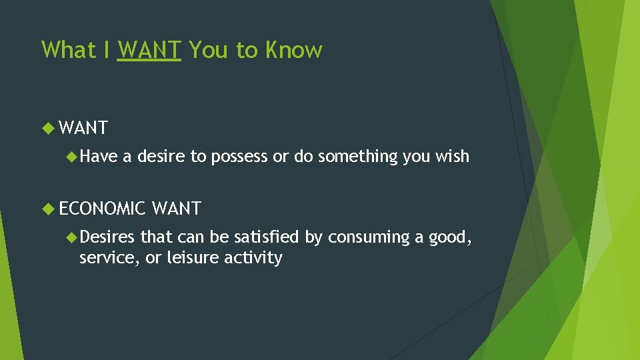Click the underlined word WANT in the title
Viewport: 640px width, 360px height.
[x=149, y=50]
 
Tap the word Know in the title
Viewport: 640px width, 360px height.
[x=294, y=50]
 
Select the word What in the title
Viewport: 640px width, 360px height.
[x=67, y=50]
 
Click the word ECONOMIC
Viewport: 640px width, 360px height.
[x=102, y=209]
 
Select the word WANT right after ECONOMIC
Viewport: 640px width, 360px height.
[x=177, y=209]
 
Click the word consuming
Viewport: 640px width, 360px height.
[x=367, y=238]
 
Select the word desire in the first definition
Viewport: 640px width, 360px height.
[x=161, y=157]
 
